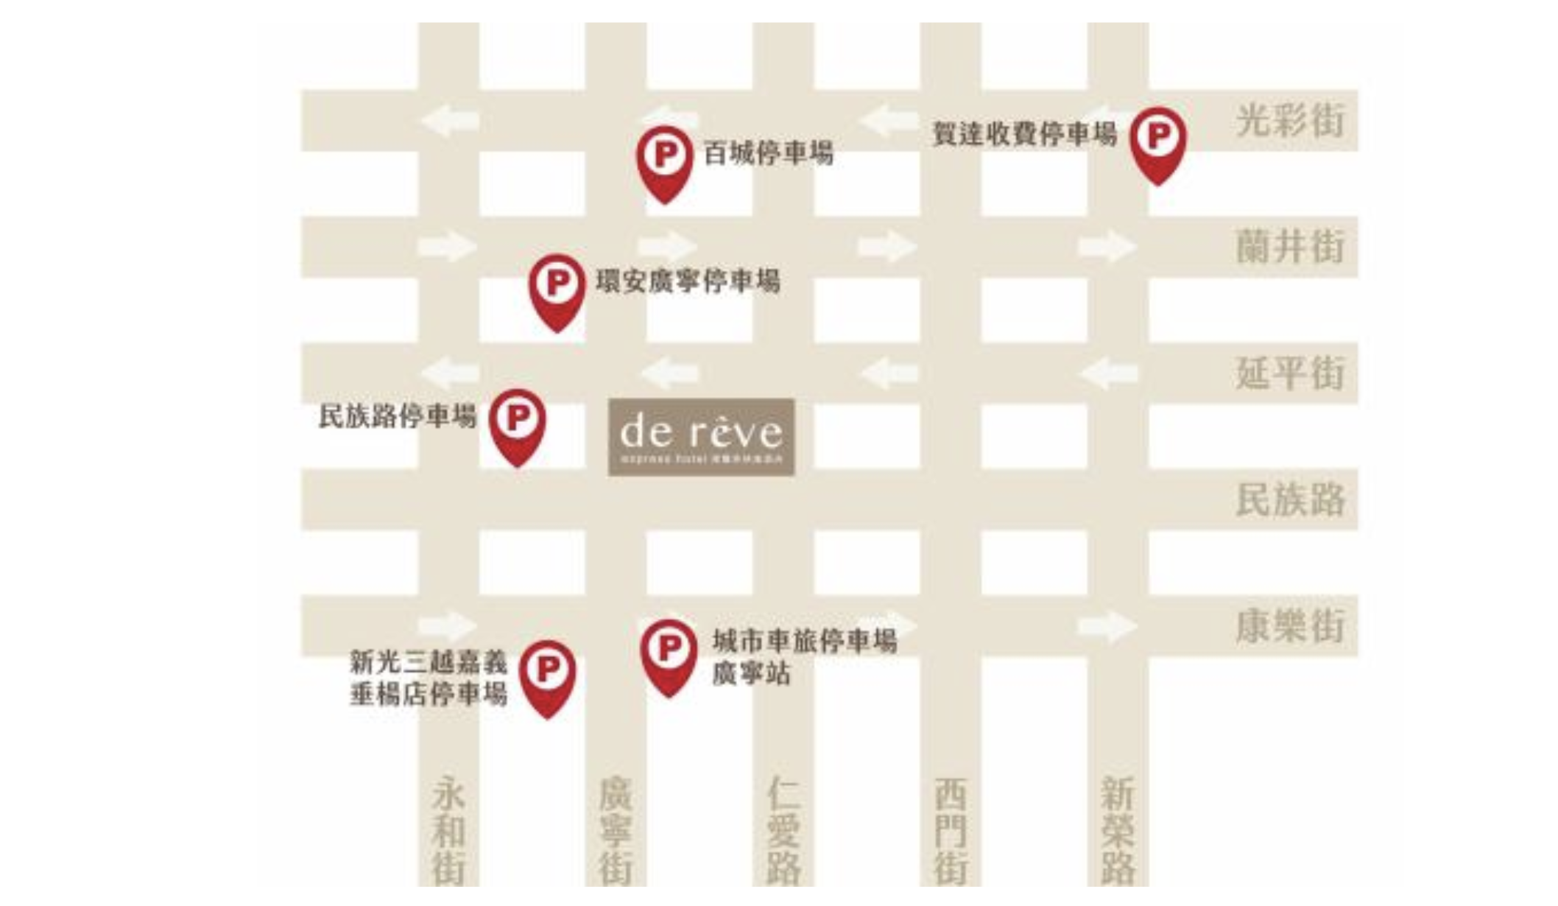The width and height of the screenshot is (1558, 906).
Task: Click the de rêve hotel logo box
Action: tap(701, 437)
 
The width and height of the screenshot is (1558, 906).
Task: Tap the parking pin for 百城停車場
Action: tap(664, 159)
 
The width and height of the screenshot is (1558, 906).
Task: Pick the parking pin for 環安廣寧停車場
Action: tap(557, 287)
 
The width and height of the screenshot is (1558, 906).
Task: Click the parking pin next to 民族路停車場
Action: tap(517, 422)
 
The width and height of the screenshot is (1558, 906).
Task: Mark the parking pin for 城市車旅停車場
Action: tap(669, 653)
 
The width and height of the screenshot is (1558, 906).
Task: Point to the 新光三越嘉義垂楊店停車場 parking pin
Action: tap(547, 673)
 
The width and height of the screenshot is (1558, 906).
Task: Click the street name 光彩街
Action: tap(1290, 120)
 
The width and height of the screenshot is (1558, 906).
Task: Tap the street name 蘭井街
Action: tap(1290, 246)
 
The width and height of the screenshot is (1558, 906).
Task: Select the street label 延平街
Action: tap(1290, 373)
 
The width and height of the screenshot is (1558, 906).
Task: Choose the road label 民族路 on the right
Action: tap(1290, 499)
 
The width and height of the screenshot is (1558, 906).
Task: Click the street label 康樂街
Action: tap(1290, 626)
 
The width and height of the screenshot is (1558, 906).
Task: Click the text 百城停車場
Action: tap(768, 154)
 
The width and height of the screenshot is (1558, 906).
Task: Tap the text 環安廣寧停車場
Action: tap(688, 281)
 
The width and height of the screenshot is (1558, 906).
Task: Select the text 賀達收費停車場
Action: tap(1024, 134)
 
